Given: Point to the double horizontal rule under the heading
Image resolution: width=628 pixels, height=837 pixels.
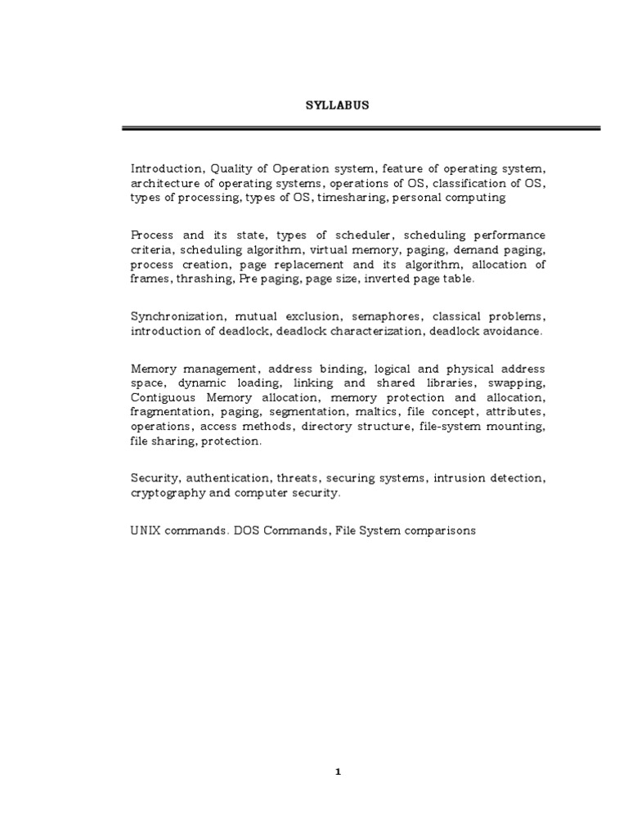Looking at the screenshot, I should point(361,128).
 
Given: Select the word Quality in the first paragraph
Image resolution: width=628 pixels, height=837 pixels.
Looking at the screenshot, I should point(222,168).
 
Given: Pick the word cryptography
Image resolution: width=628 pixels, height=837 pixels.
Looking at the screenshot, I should point(166,494).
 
